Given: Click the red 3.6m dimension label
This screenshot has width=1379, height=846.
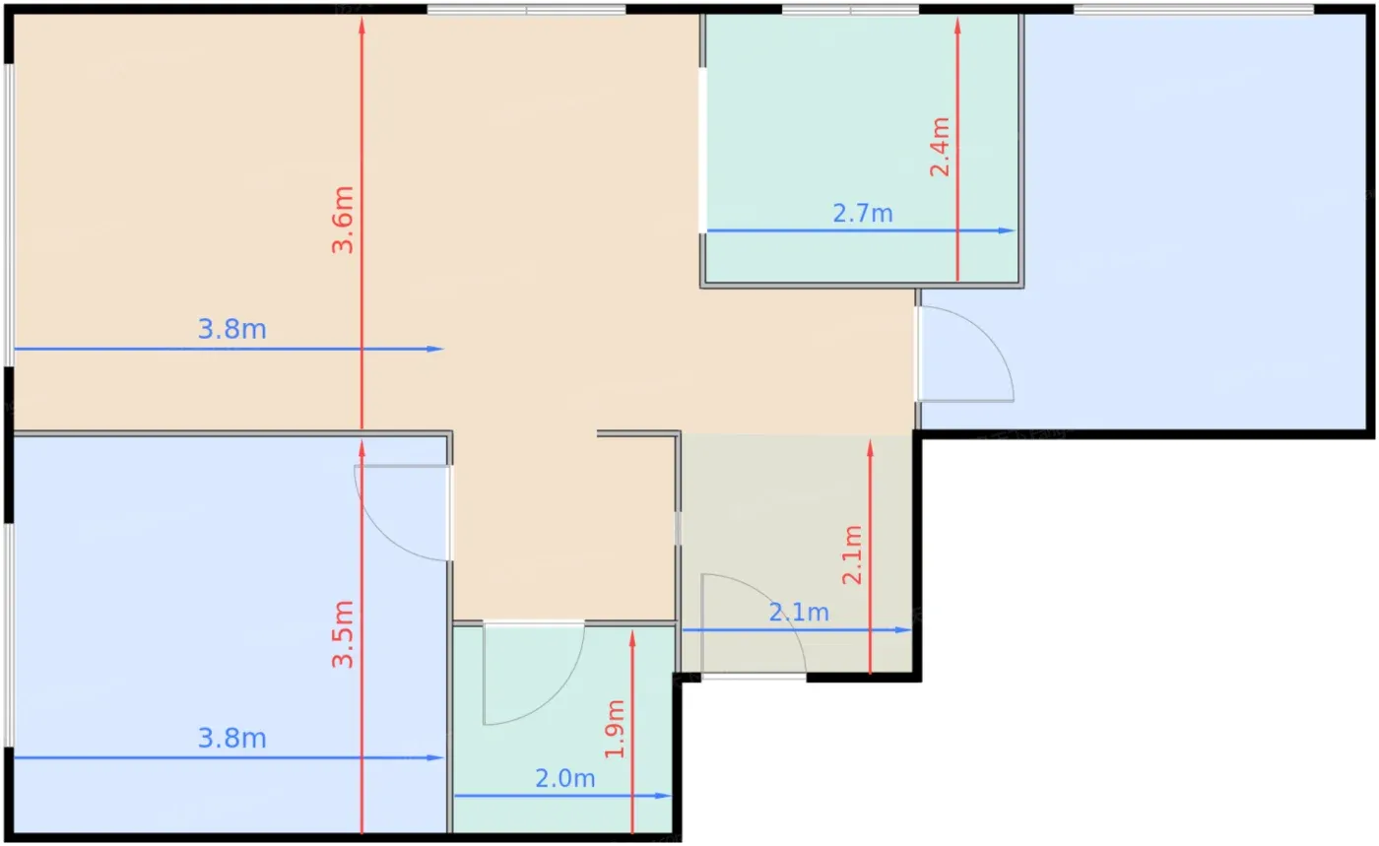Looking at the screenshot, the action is (343, 220).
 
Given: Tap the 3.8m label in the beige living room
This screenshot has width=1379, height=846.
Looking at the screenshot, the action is (232, 329).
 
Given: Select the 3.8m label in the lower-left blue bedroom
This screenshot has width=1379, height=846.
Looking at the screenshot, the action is (232, 739).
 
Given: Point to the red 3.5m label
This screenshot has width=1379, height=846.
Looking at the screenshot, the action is (343, 634).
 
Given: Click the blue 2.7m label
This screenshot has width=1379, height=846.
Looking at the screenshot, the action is (863, 214).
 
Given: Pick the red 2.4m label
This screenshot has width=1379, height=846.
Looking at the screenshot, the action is (940, 147).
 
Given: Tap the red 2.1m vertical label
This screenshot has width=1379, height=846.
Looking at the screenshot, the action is (853, 554).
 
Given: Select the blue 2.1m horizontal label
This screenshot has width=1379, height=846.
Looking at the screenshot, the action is (799, 613).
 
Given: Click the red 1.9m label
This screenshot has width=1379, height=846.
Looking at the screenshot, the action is (615, 729).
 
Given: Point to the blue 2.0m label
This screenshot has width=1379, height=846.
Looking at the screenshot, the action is (565, 779).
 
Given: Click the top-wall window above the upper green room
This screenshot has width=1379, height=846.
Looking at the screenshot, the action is (851, 9).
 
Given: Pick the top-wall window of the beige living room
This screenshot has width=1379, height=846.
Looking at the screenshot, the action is (526, 9).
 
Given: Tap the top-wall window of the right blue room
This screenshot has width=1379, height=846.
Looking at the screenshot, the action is (1194, 9).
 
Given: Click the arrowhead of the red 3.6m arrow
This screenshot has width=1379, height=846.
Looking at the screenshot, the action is (362, 25).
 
